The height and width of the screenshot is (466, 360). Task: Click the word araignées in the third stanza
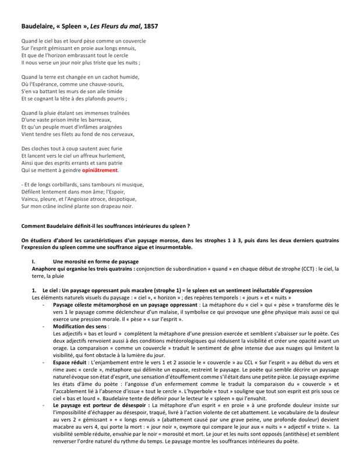[107, 126]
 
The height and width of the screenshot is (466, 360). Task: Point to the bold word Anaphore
[44, 269]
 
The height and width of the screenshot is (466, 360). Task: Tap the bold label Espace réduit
[69, 362]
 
